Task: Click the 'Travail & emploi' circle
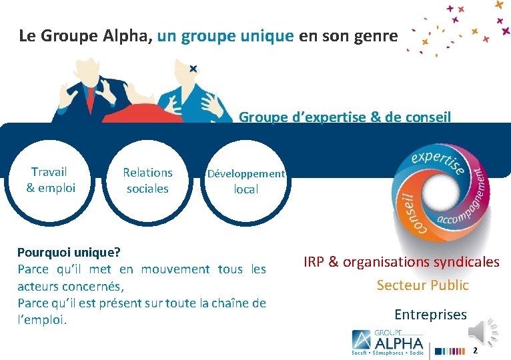click(x=51, y=180)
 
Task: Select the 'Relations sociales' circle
click(x=147, y=180)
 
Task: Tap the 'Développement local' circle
click(x=245, y=181)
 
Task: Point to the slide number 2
click(x=475, y=350)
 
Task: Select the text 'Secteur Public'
click(x=422, y=285)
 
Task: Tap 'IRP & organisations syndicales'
click(x=401, y=262)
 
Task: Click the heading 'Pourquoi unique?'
click(x=69, y=253)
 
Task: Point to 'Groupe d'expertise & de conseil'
click(x=345, y=117)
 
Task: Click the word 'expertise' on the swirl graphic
click(x=437, y=161)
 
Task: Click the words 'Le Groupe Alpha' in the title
click(x=86, y=35)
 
